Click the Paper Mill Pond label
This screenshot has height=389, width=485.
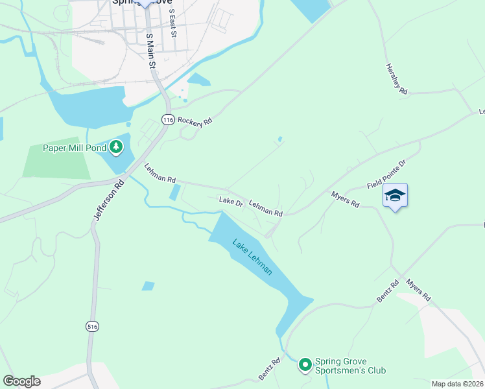[73, 148]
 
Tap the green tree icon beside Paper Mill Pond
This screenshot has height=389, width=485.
[116, 148]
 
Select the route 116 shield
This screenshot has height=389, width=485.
[169, 120]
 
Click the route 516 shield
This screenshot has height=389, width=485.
[93, 327]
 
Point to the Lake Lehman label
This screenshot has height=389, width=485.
[252, 257]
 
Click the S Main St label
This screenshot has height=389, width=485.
[151, 51]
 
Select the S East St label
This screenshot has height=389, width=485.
[172, 23]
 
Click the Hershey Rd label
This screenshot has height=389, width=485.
[396, 80]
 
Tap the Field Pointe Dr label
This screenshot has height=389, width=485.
[386, 175]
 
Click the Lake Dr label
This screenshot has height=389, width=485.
[231, 202]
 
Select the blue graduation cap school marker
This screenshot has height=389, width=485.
[395, 195]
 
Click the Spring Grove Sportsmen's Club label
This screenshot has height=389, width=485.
[350, 366]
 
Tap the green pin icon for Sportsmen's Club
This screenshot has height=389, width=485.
[304, 366]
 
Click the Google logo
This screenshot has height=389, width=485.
[21, 381]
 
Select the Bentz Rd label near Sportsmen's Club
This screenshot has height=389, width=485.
[269, 369]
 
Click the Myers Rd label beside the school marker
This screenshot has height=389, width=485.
[345, 198]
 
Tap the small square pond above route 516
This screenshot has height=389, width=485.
[148, 286]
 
